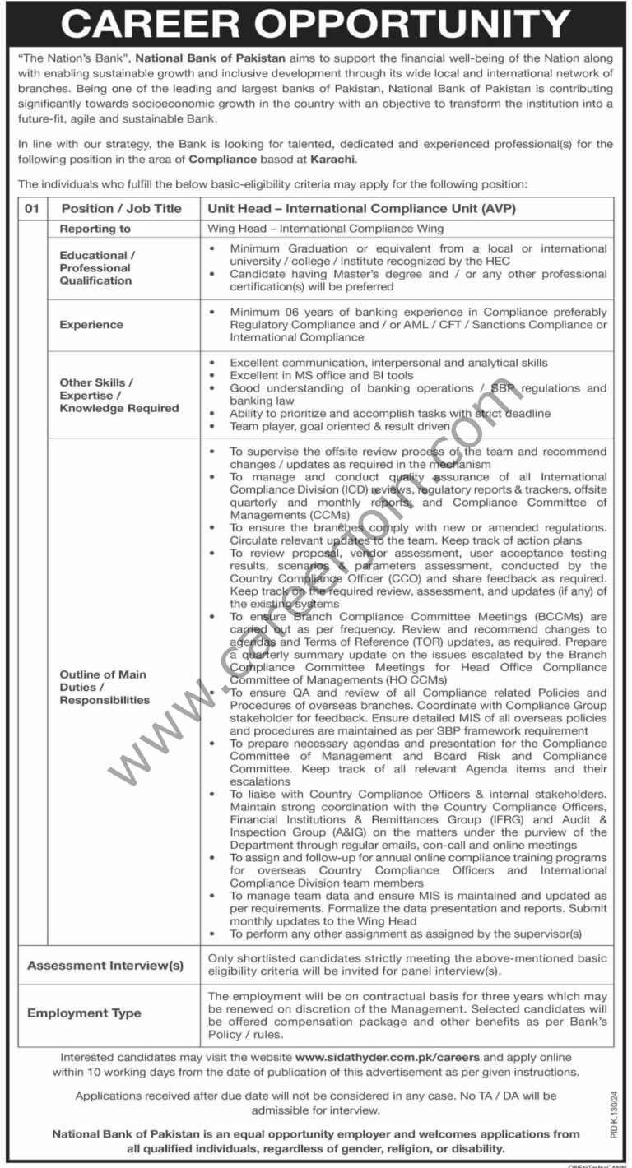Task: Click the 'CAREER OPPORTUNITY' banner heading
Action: [x=315, y=24]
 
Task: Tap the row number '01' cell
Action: [x=32, y=209]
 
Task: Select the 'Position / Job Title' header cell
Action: [x=121, y=209]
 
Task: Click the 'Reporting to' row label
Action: [x=95, y=229]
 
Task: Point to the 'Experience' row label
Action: [x=91, y=325]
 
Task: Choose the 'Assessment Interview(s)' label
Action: [x=105, y=966]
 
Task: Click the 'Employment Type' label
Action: [x=84, y=1013]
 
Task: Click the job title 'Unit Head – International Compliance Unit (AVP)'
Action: [x=362, y=209]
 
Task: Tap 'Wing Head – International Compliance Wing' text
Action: [x=326, y=229]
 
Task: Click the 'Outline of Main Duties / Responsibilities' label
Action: [x=104, y=687]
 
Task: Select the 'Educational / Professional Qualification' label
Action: [x=95, y=268]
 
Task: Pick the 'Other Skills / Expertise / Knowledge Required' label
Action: [x=119, y=395]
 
